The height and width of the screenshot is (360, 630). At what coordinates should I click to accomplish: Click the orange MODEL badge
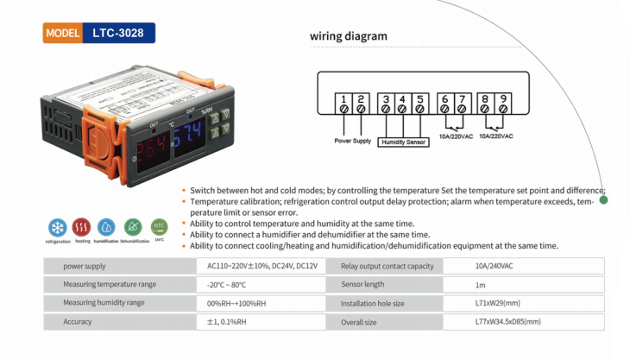click(x=64, y=34)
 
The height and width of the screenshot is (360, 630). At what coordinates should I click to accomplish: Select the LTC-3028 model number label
click(x=118, y=34)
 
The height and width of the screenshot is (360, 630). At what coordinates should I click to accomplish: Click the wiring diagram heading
click(x=349, y=36)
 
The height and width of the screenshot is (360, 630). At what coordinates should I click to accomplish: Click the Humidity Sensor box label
click(x=403, y=142)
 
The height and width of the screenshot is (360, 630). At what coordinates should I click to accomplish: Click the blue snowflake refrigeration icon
click(x=58, y=227)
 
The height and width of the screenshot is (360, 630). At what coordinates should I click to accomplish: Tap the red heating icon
click(x=81, y=227)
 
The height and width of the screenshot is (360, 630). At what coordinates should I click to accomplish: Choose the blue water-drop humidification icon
click(x=106, y=227)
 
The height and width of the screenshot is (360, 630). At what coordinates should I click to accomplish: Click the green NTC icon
click(x=159, y=226)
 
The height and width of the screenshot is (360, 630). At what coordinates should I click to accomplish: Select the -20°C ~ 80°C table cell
click(x=226, y=285)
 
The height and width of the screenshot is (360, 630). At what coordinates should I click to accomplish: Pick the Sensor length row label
click(x=362, y=285)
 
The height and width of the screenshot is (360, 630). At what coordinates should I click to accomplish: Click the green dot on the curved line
click(x=603, y=200)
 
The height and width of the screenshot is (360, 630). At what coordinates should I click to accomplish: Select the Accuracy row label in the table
click(x=77, y=322)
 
